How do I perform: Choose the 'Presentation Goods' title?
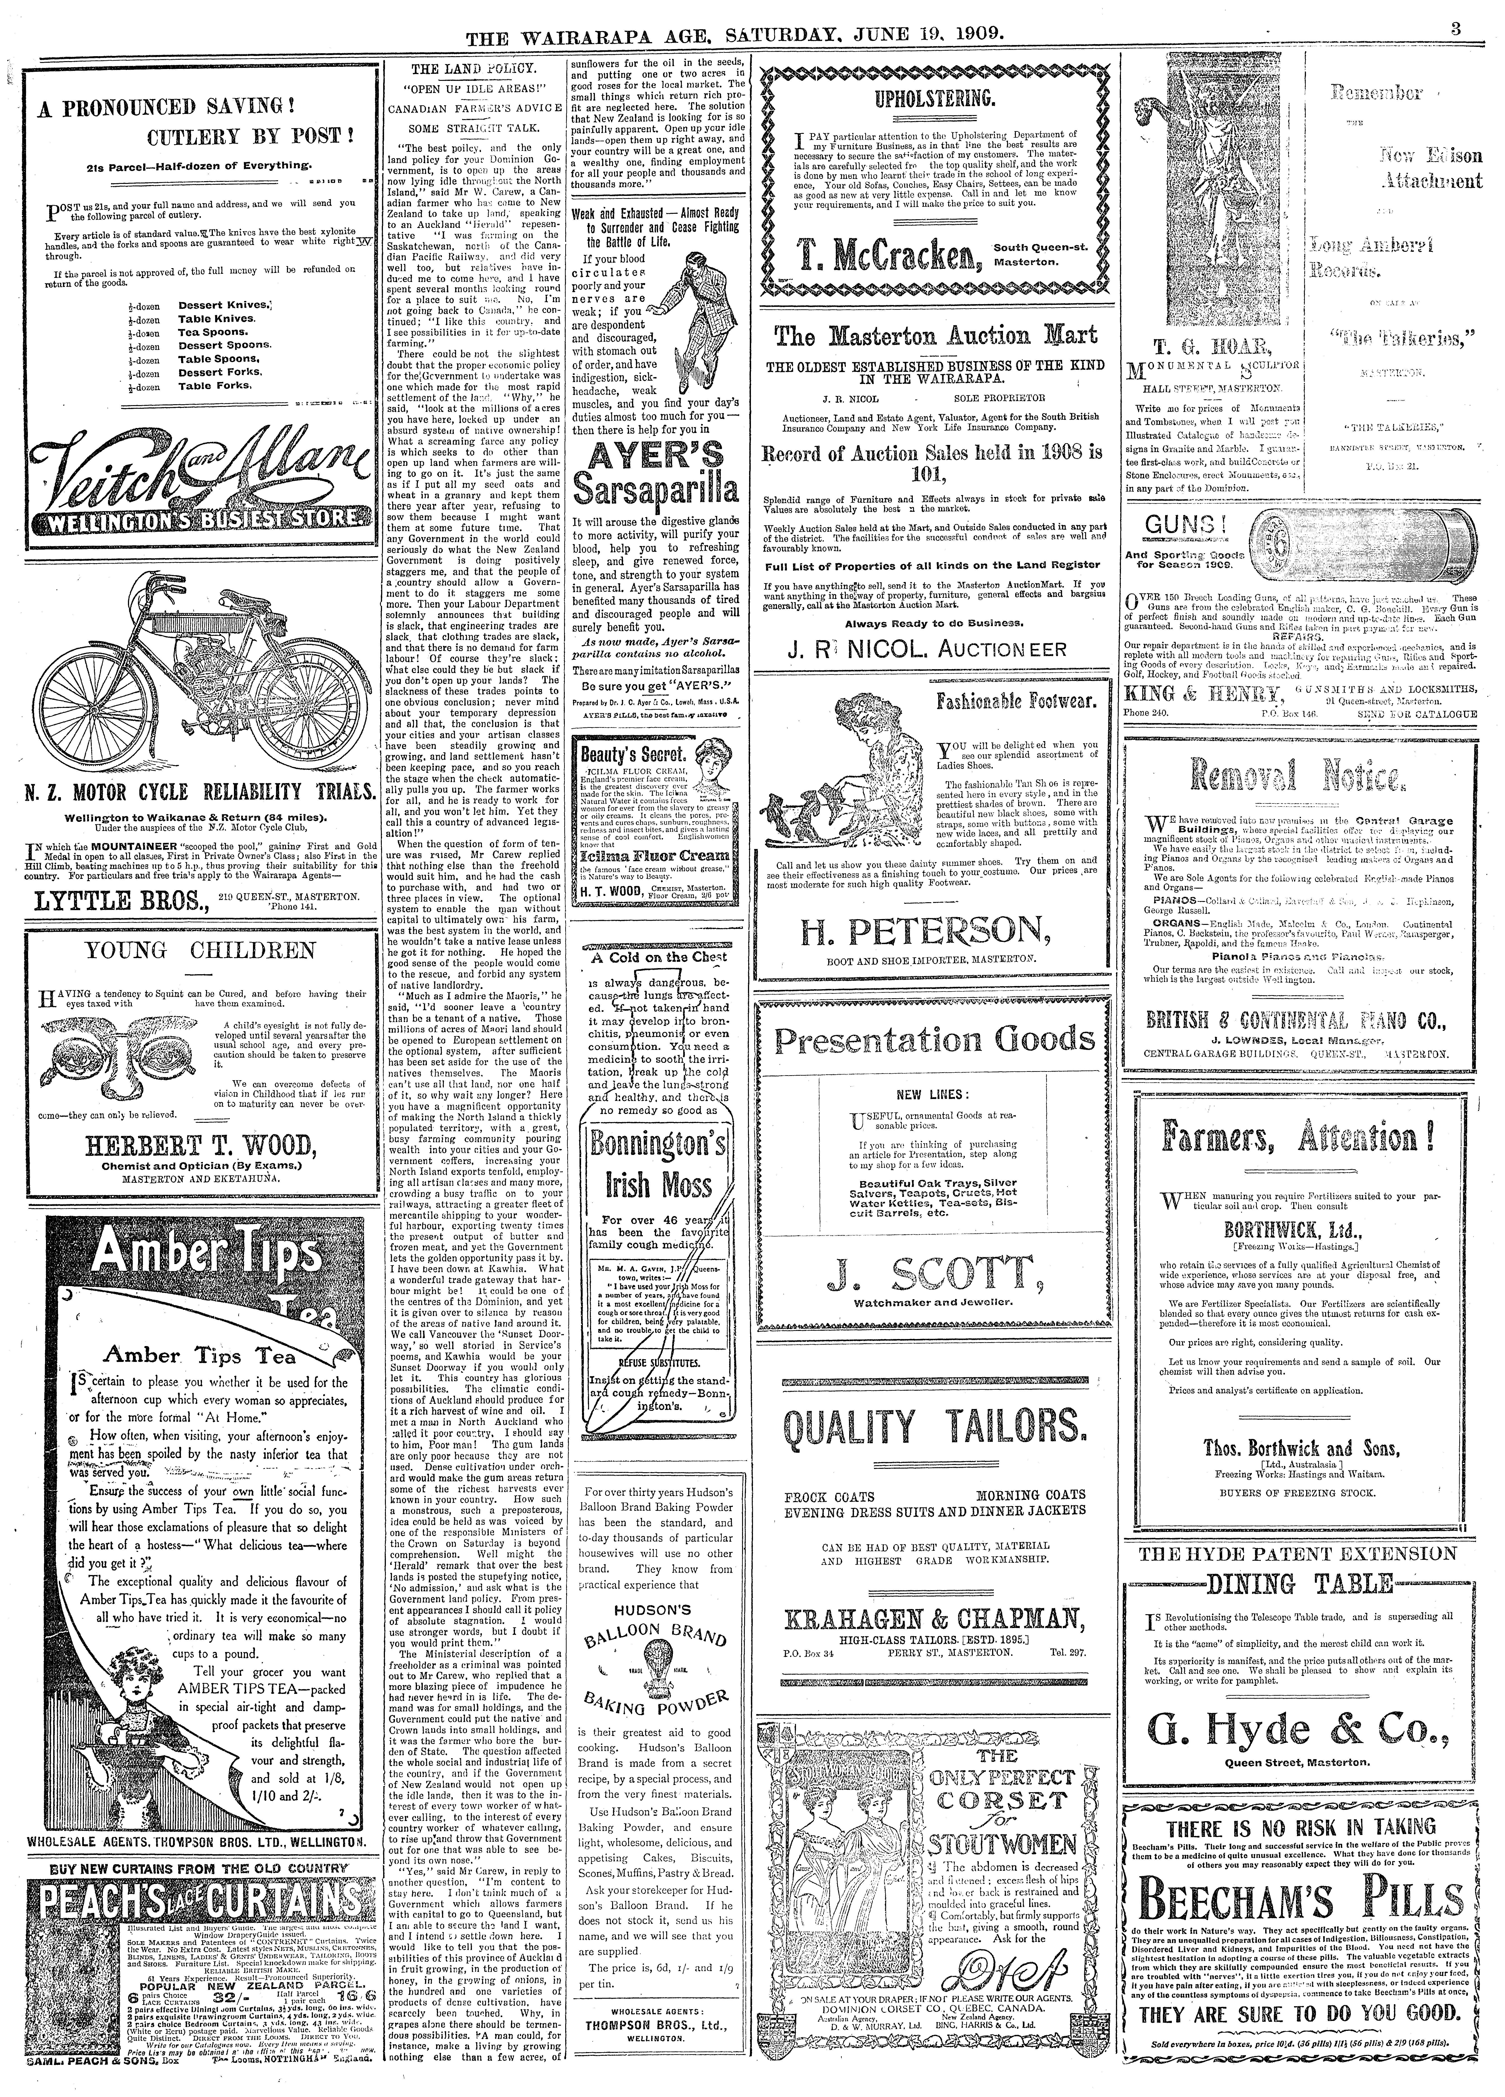point(935,1040)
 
